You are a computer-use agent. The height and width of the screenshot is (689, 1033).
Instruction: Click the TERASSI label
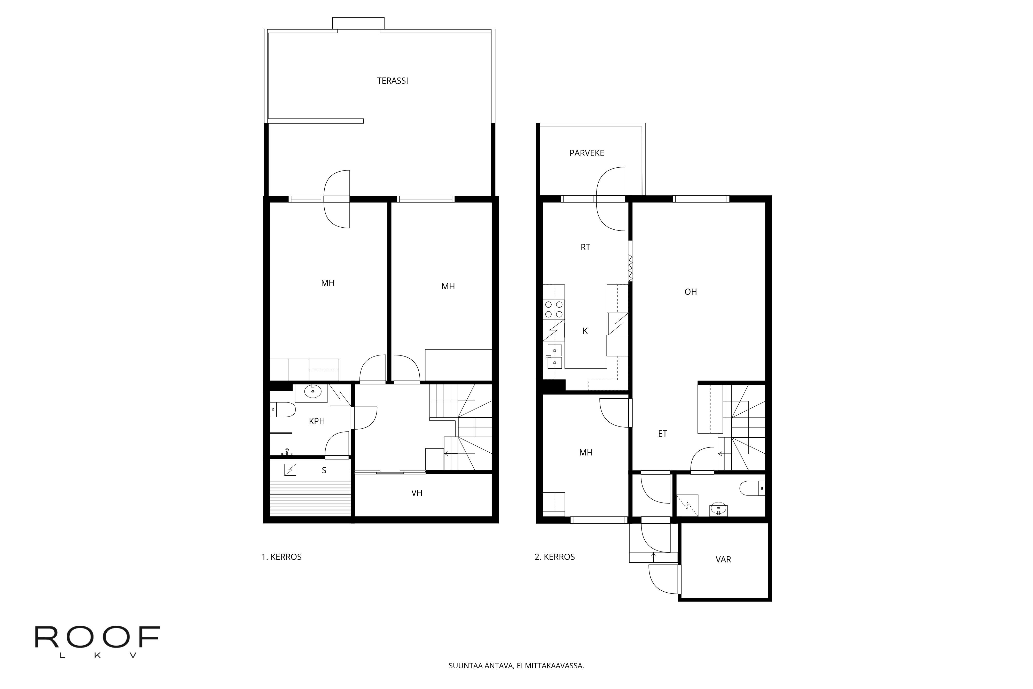(392, 81)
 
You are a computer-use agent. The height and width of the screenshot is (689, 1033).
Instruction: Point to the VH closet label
(417, 493)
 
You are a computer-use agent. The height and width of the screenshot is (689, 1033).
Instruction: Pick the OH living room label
(690, 292)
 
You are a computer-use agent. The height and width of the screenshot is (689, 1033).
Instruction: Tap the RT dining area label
(585, 247)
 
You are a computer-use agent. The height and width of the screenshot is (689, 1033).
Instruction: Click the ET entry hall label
(662, 434)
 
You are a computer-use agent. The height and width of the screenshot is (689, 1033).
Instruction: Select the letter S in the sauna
(324, 470)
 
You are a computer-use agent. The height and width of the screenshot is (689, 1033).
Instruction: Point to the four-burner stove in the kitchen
(554, 309)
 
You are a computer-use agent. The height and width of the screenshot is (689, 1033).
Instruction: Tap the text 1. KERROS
(281, 557)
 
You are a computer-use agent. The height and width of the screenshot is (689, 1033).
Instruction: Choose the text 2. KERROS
(555, 557)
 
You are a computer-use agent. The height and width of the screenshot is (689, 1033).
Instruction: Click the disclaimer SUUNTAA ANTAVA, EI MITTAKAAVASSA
(516, 666)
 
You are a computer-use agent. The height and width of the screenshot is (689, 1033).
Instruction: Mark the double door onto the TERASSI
(337, 199)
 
